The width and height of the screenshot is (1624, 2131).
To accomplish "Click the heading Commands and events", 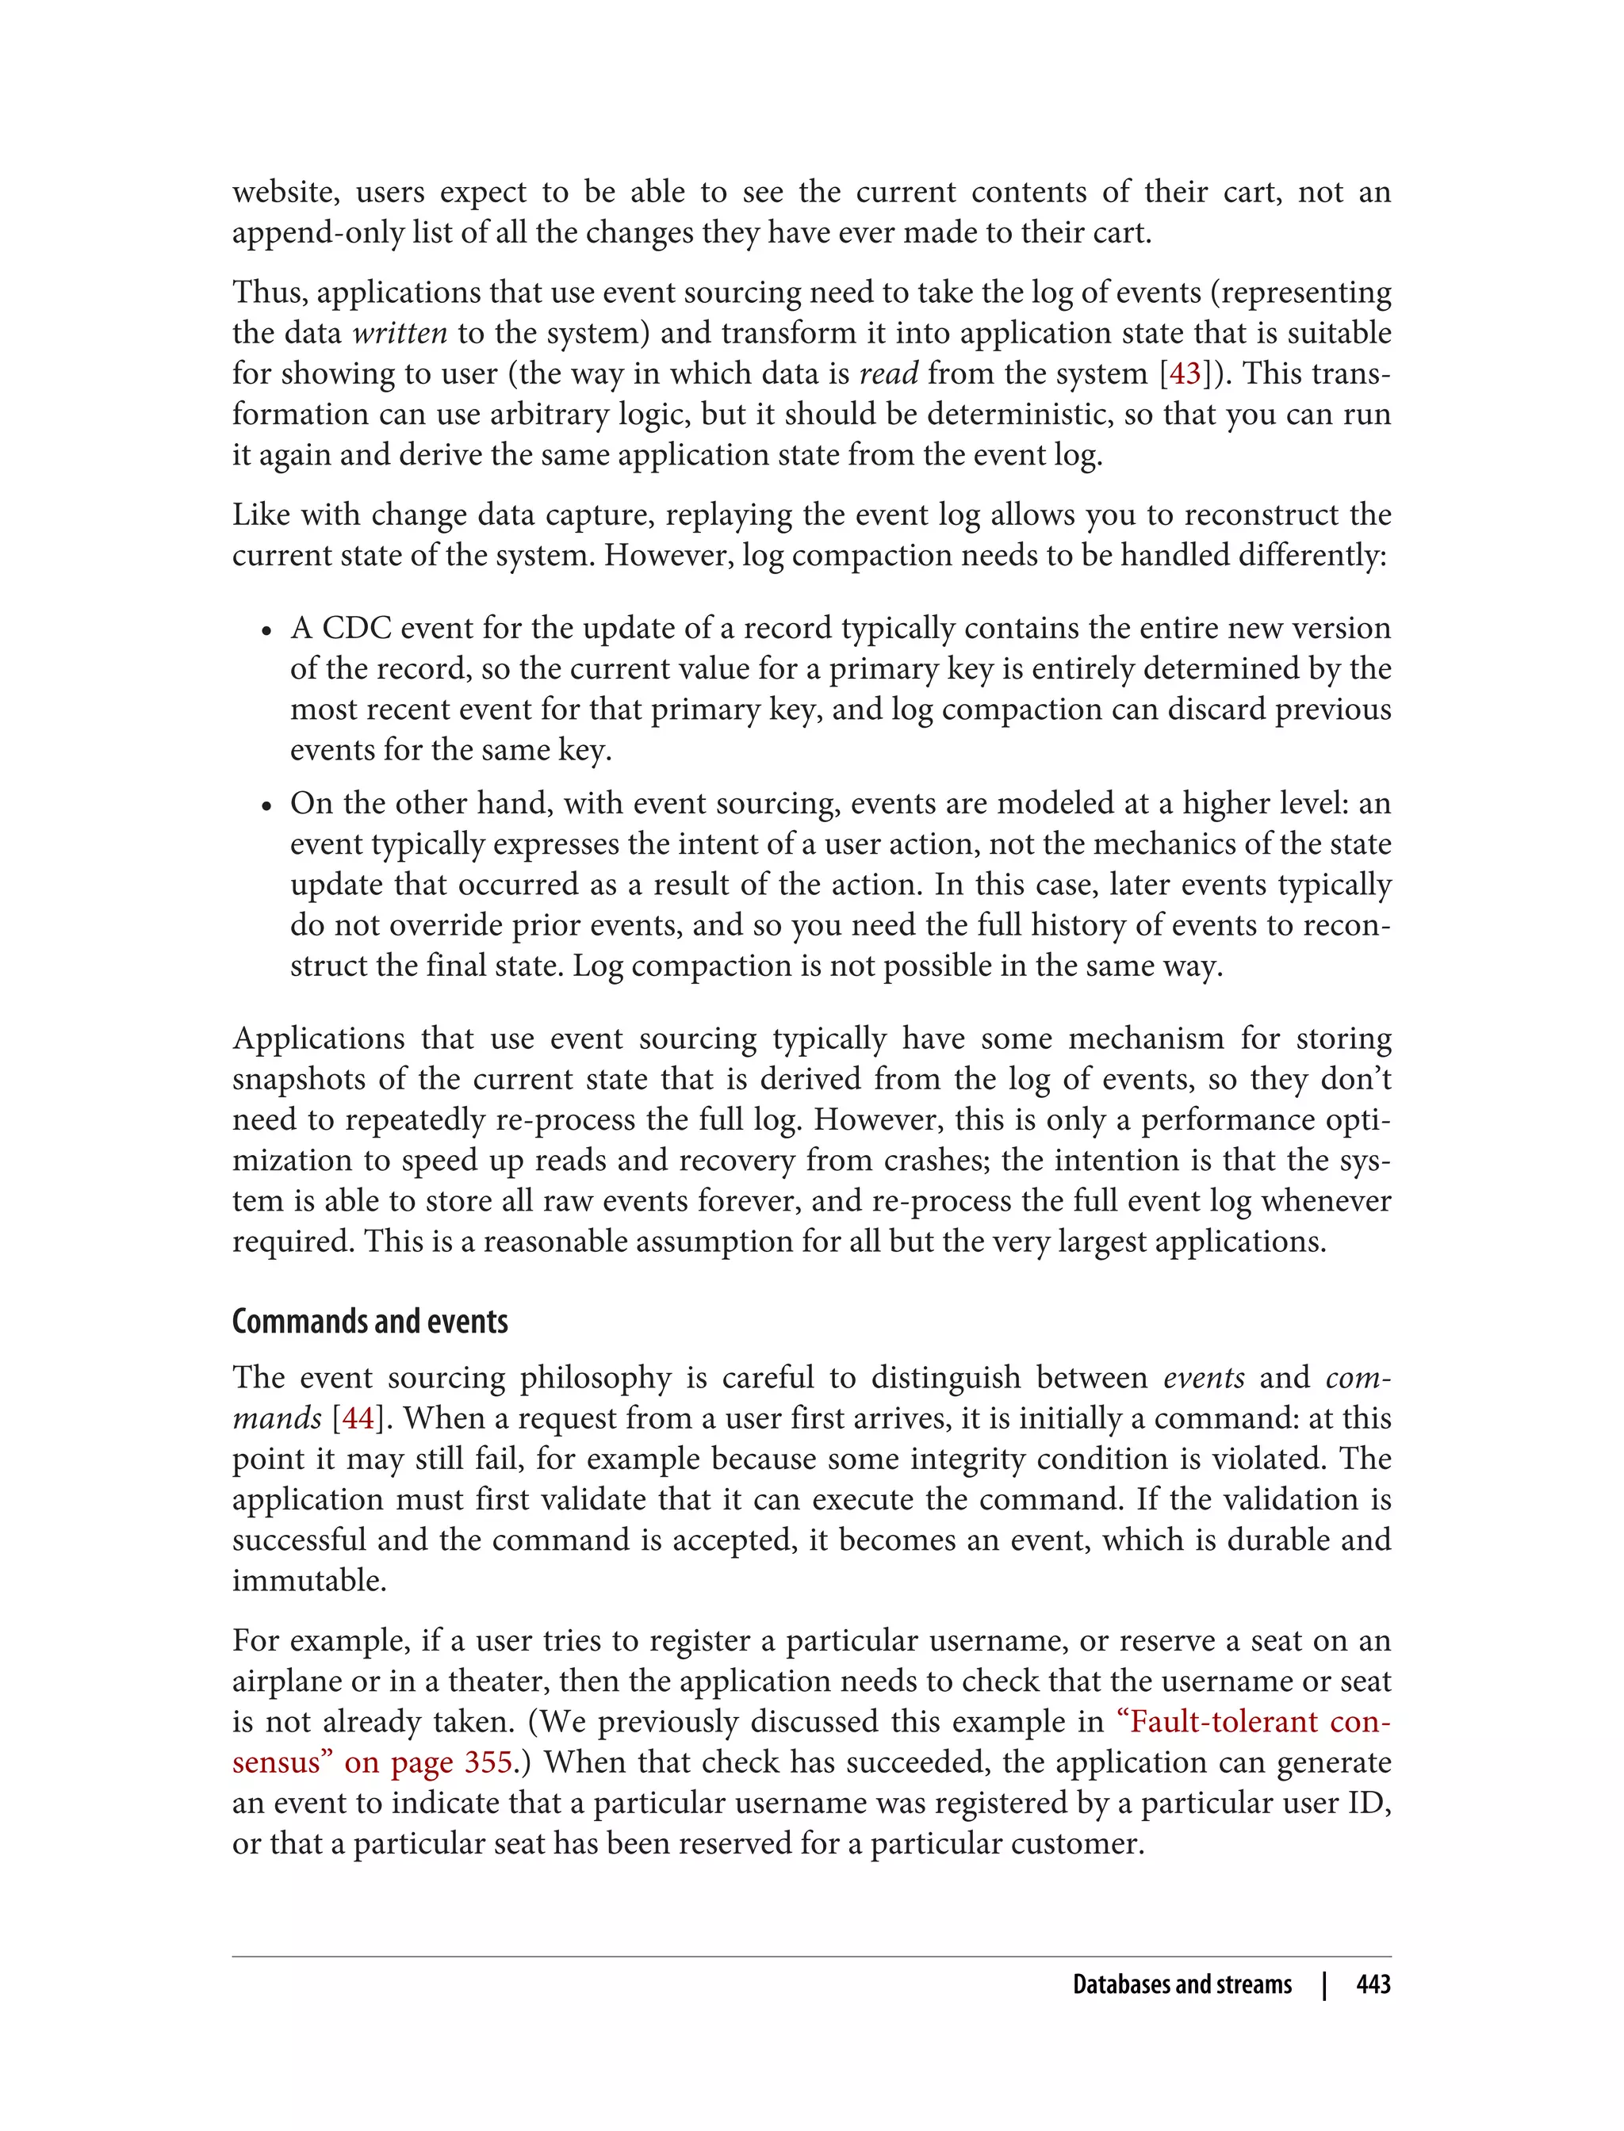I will coord(370,1321).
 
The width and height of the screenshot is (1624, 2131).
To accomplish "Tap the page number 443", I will coord(1373,1984).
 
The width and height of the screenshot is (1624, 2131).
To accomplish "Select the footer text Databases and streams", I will coord(1182,1984).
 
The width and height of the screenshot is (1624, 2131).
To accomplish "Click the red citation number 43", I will coord(1185,373).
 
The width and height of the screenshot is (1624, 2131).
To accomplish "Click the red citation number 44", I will coord(358,1417).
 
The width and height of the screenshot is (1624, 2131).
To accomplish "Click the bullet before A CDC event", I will coord(266,630).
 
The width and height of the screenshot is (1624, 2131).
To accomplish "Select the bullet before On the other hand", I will coord(266,805).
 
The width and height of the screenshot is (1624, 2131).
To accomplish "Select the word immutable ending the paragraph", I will coord(308,1580).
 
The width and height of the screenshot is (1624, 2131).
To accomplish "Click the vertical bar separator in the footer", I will coord(1324,1984).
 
